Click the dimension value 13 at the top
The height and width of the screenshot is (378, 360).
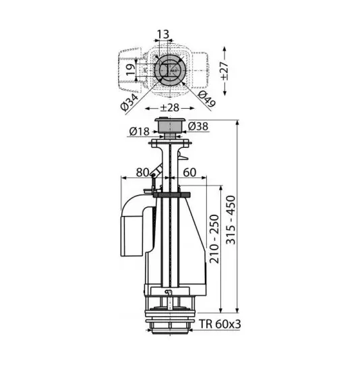(163, 34)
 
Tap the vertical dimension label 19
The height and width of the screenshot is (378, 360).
(131, 70)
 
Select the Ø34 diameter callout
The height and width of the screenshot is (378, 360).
(130, 102)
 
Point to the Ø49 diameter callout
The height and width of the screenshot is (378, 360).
(206, 99)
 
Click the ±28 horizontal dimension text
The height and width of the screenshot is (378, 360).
(170, 108)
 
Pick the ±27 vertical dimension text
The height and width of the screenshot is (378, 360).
(224, 71)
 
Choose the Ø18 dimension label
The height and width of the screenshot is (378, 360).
(139, 132)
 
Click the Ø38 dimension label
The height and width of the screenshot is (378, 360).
(198, 126)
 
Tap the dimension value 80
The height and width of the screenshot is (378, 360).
(142, 172)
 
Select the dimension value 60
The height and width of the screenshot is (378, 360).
(189, 172)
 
